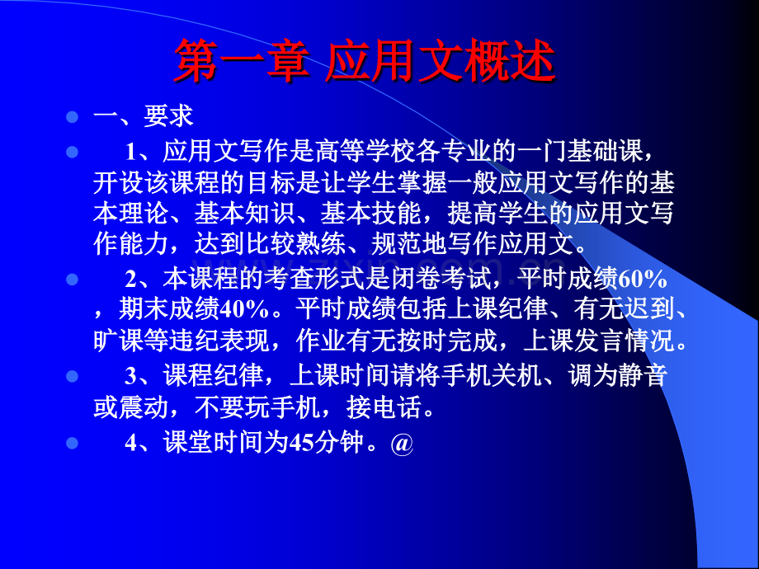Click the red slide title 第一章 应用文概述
click(x=364, y=60)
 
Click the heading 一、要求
click(x=144, y=116)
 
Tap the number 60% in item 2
click(x=643, y=279)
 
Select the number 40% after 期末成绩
click(x=244, y=310)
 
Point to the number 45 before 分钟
click(x=300, y=442)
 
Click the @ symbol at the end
click(x=402, y=443)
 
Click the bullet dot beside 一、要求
click(x=72, y=117)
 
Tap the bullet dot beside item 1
click(x=72, y=152)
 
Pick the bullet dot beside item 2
click(x=72, y=280)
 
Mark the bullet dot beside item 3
click(x=72, y=376)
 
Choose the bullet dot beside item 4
click(x=72, y=443)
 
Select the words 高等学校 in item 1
click(x=365, y=151)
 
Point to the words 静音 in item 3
click(x=643, y=375)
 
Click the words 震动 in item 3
click(x=144, y=407)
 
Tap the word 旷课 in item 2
click(x=118, y=341)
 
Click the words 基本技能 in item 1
click(x=370, y=213)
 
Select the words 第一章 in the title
click(x=241, y=60)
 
